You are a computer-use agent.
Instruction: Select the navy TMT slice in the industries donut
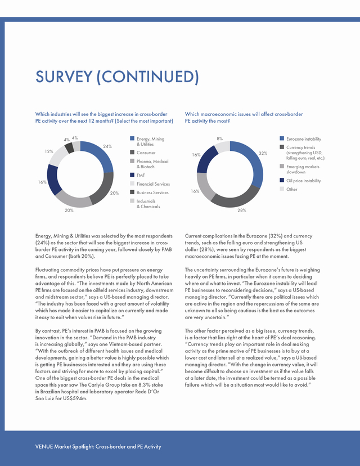pyautogui.click(x=53, y=180)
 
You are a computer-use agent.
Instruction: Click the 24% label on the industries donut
pyautogui.click(x=107, y=146)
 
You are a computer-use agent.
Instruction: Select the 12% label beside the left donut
pyautogui.click(x=49, y=151)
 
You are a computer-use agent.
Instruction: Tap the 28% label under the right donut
pyautogui.click(x=241, y=210)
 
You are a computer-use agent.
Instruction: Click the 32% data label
pyautogui.click(x=263, y=153)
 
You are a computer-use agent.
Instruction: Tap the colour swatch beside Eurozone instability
pyautogui.click(x=282, y=138)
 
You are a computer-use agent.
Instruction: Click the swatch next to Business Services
pyautogui.click(x=132, y=192)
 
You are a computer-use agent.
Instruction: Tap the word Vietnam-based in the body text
pyautogui.click(x=128, y=344)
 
